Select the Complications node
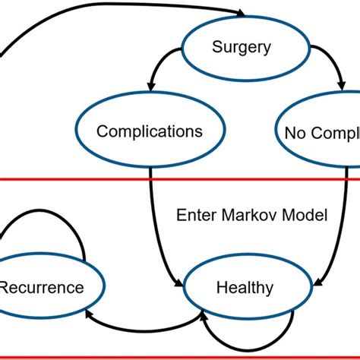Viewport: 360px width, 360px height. pyautogui.click(x=149, y=131)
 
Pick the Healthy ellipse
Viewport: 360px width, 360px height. pyautogui.click(x=242, y=287)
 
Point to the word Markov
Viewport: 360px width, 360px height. pyautogui.click(x=248, y=216)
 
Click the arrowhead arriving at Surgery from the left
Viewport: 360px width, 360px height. pyautogui.click(x=242, y=14)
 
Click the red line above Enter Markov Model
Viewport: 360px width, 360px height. pyautogui.click(x=180, y=180)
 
